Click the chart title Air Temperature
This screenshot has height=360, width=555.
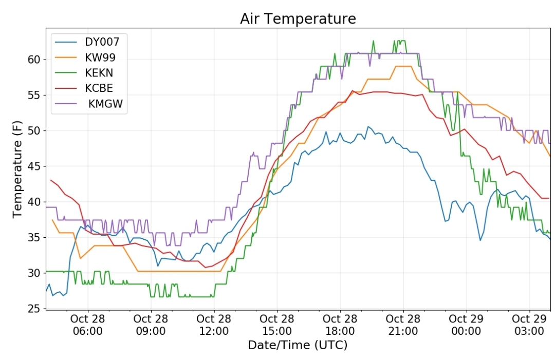(298, 18)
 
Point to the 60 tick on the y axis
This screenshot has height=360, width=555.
(34, 60)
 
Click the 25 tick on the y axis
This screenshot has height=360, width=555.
(34, 309)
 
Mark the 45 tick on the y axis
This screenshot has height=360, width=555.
(34, 166)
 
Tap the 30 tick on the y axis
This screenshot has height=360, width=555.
(34, 273)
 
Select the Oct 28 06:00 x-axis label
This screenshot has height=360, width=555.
(88, 325)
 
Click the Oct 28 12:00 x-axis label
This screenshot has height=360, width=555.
(214, 325)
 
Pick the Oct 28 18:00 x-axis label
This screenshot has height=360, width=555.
(340, 325)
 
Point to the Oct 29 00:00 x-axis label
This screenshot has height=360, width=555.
(466, 325)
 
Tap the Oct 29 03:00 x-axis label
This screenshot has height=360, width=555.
(529, 325)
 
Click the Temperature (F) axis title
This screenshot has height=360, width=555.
(17, 169)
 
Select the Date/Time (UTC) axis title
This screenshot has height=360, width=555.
(298, 345)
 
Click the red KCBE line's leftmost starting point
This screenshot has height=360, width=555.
(51, 180)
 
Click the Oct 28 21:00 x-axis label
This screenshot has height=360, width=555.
(403, 325)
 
